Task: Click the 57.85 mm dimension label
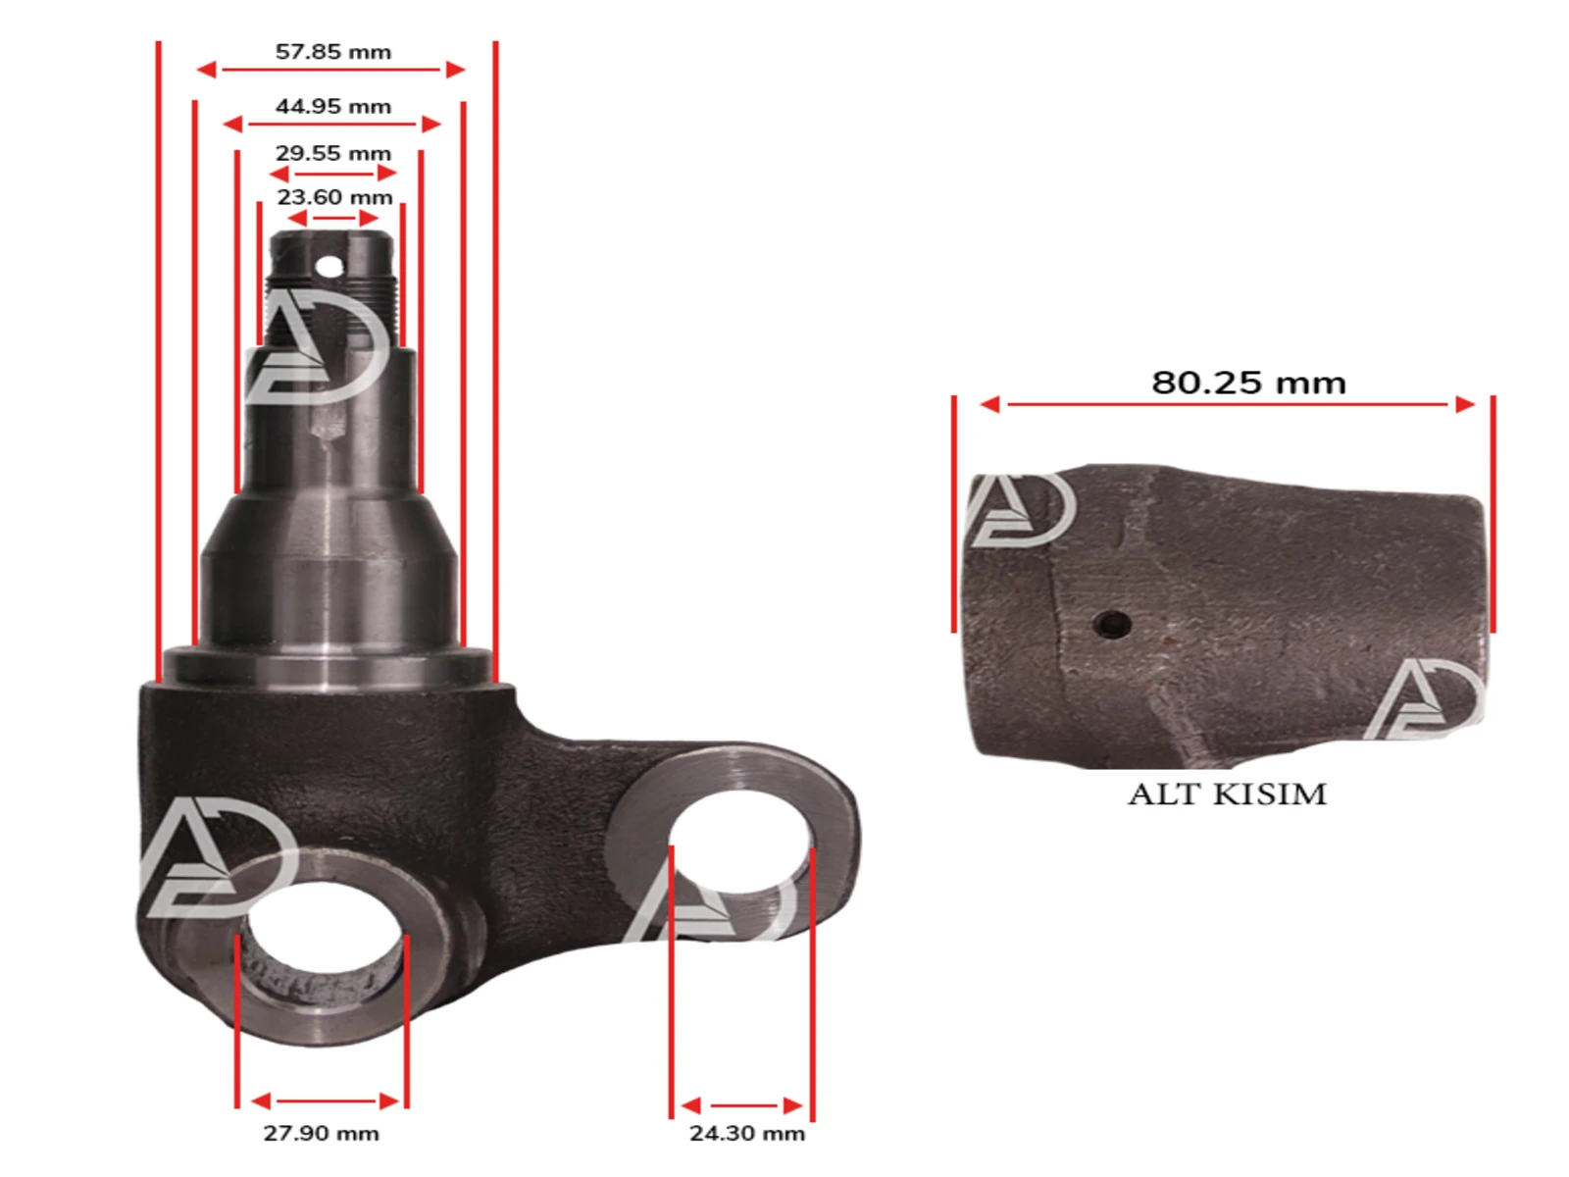pos(332,52)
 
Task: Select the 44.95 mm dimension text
pos(332,107)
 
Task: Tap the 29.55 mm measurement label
pos(332,154)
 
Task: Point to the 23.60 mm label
pos(334,197)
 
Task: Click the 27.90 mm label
pos(321,1133)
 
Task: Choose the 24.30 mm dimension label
pos(746,1133)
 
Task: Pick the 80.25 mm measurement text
pos(1248,383)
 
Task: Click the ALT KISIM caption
pos(1227,793)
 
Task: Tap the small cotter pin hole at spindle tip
pos(329,266)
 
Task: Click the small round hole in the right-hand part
pos(1112,623)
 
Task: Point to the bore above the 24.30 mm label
pos(740,844)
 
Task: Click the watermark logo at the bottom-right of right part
pos(1427,698)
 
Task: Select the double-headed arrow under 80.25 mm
pos(1227,404)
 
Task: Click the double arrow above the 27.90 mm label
pos(325,1100)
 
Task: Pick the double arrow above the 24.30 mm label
pos(742,1106)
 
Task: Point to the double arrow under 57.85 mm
pos(330,70)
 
